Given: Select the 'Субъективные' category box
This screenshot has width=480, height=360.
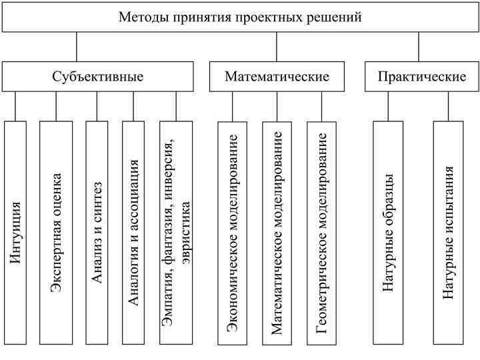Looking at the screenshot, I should [x=97, y=77].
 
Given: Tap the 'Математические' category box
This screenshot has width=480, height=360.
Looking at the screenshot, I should [x=277, y=77].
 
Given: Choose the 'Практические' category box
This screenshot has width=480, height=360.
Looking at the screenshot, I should [x=421, y=77].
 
